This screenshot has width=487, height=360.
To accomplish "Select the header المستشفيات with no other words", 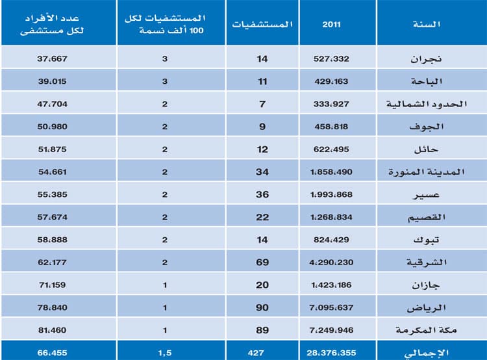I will [262, 24].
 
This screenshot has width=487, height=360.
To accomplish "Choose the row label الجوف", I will [431, 126].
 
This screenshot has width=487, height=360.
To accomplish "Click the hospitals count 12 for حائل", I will [262, 149].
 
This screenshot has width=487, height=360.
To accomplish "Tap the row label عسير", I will [431, 194].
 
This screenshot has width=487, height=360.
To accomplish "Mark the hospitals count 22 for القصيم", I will [262, 217].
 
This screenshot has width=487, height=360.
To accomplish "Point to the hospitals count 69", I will [262, 262].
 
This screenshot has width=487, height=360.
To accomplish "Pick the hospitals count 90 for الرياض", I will [262, 307].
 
